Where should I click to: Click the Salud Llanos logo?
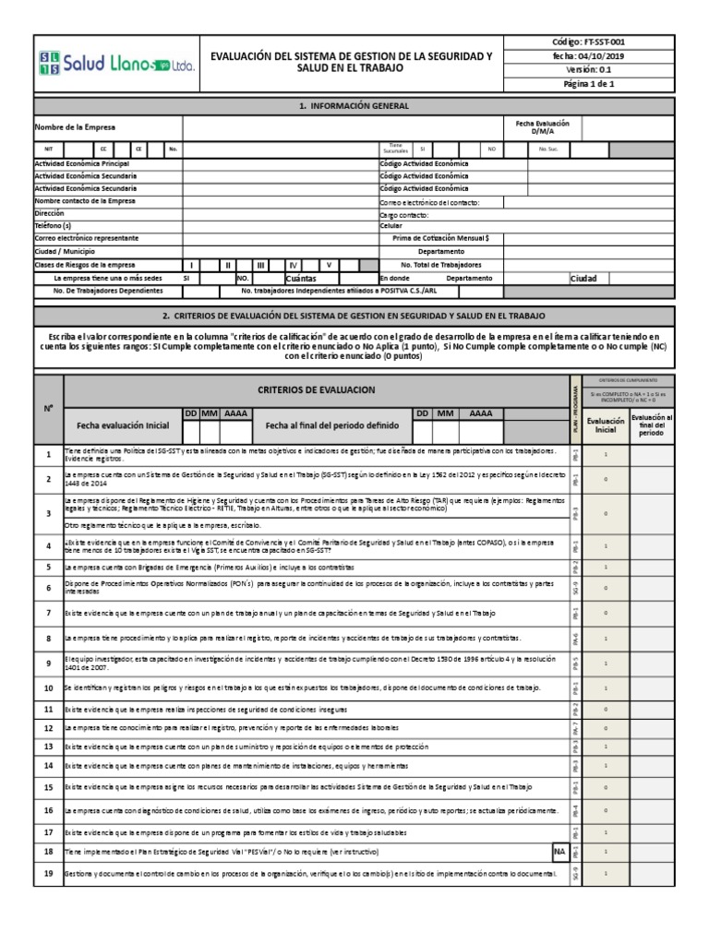click(103, 64)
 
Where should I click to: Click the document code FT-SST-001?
click(606, 42)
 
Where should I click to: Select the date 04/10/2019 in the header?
click(606, 56)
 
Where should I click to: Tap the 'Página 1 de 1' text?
click(606, 84)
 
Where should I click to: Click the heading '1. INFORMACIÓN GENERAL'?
click(354, 106)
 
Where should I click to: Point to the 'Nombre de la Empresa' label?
click(76, 127)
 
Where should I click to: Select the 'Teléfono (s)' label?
click(54, 225)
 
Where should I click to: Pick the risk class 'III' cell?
click(261, 264)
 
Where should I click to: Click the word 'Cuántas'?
click(301, 278)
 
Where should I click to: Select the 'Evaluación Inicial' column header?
click(605, 425)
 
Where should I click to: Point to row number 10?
click(48, 688)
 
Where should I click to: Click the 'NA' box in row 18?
click(559, 851)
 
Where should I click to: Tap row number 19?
click(48, 873)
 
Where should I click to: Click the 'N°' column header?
click(48, 409)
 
